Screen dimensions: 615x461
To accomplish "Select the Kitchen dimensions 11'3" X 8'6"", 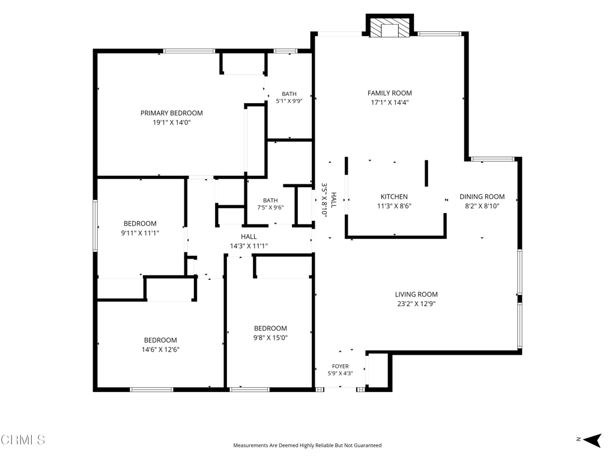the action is coord(394,206).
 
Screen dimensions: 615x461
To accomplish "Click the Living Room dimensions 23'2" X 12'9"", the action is coord(416,303).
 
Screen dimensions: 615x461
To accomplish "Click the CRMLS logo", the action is coord(23,439).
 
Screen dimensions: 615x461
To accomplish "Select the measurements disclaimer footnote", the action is coord(307,445).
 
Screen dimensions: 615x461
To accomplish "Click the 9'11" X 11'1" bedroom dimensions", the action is coord(140,233).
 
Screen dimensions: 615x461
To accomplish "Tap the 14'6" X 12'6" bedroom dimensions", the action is coord(160,349).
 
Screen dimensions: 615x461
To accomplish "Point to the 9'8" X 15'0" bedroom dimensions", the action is coord(270,337).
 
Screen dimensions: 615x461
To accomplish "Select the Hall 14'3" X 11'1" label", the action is coord(249,241).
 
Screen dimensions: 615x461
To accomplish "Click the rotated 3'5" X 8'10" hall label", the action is coord(329,199).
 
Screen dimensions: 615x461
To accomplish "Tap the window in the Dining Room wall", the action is coord(492,159).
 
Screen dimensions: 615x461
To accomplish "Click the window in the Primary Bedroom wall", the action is coord(189,51).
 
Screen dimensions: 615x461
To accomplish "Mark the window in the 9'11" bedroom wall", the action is coord(95,226).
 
